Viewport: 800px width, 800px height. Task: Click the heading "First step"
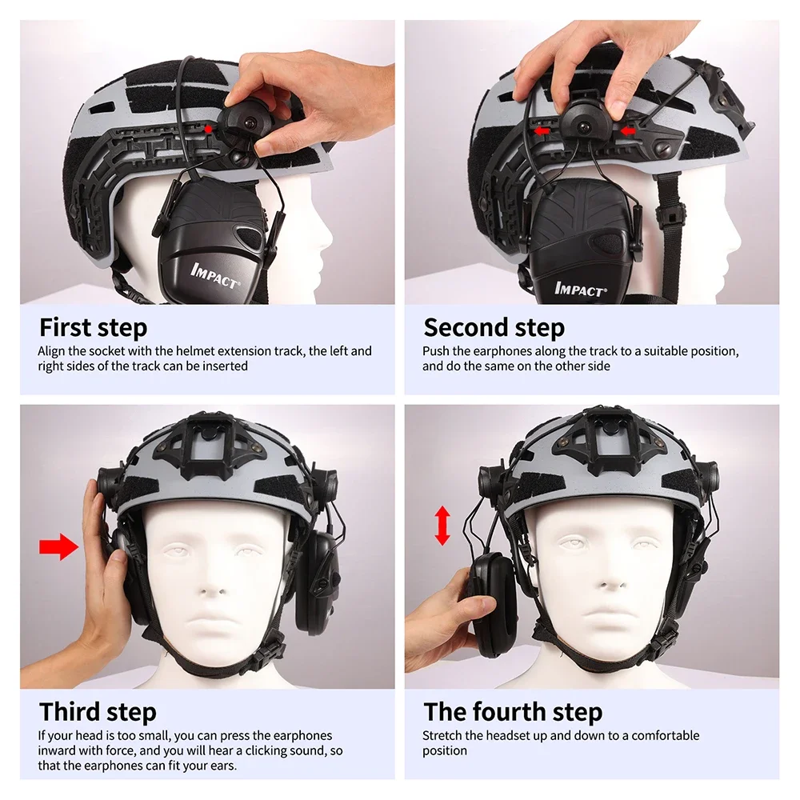tap(93, 328)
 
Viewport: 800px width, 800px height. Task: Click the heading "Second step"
tap(494, 328)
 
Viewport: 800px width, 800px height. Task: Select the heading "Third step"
tap(98, 711)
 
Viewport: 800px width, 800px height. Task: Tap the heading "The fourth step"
tap(513, 711)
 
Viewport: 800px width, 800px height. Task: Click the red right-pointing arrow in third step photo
tap(58, 548)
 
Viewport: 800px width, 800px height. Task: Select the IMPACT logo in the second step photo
tap(580, 289)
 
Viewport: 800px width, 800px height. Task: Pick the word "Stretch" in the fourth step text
tap(442, 735)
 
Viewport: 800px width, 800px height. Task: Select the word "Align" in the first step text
tap(53, 351)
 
